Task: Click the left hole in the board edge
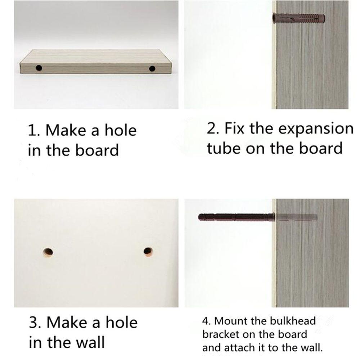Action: pyautogui.click(x=39, y=68)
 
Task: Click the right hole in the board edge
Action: pyautogui.click(x=152, y=68)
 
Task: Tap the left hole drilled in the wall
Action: pyautogui.click(x=48, y=252)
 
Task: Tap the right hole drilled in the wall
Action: pyautogui.click(x=148, y=252)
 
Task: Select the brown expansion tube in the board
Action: pyautogui.click(x=299, y=18)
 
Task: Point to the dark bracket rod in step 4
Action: pyautogui.click(x=236, y=217)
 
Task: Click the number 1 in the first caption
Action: pyautogui.click(x=32, y=130)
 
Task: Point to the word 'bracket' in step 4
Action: pyautogui.click(x=221, y=334)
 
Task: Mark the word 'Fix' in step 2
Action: pyautogui.click(x=234, y=128)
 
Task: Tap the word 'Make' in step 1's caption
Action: pyautogui.click(x=67, y=130)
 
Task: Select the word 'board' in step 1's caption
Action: pyautogui.click(x=97, y=150)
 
